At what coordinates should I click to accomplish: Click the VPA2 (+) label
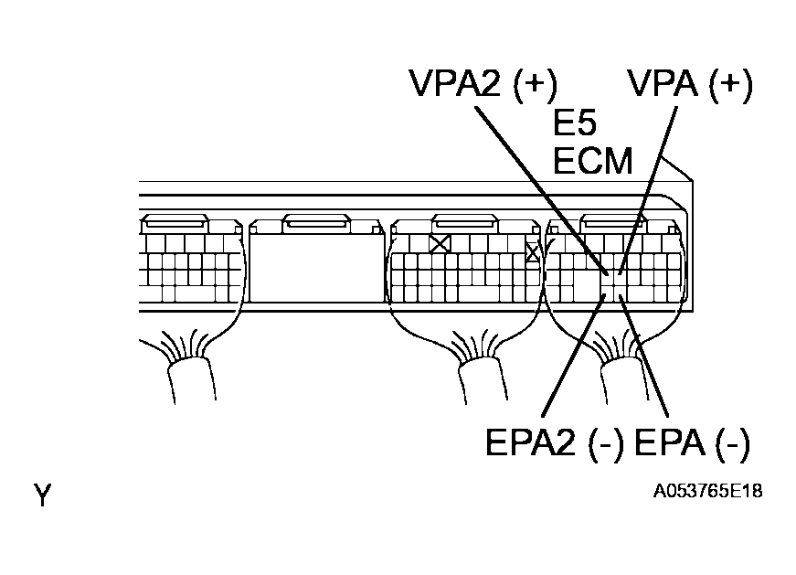tap(482, 86)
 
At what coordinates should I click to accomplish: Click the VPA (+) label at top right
tap(690, 86)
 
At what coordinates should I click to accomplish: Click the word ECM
tap(594, 162)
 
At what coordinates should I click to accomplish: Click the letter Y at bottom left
tap(43, 496)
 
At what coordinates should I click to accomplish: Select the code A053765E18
tap(708, 492)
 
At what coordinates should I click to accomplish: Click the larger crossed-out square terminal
tap(440, 243)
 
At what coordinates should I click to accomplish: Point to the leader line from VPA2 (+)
tap(539, 182)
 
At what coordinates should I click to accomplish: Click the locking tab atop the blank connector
tap(316, 222)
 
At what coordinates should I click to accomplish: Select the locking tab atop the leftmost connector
tap(174, 222)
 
